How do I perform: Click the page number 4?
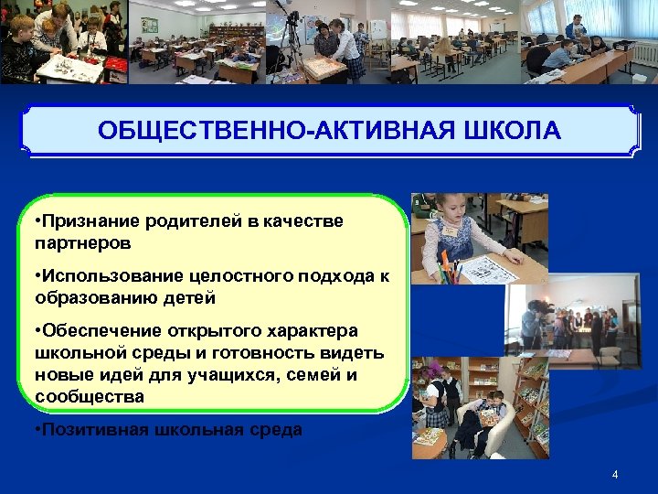tap(615, 474)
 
